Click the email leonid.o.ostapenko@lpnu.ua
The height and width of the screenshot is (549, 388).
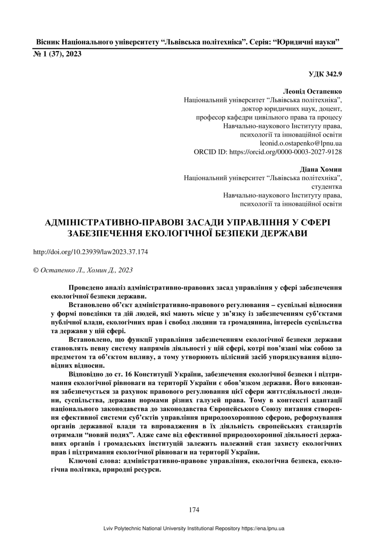301,143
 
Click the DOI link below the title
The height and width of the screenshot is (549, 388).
90,252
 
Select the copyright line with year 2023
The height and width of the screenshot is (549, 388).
83,270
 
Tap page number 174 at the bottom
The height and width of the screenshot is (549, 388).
194,510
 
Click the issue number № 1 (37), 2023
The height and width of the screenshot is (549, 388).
58,54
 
